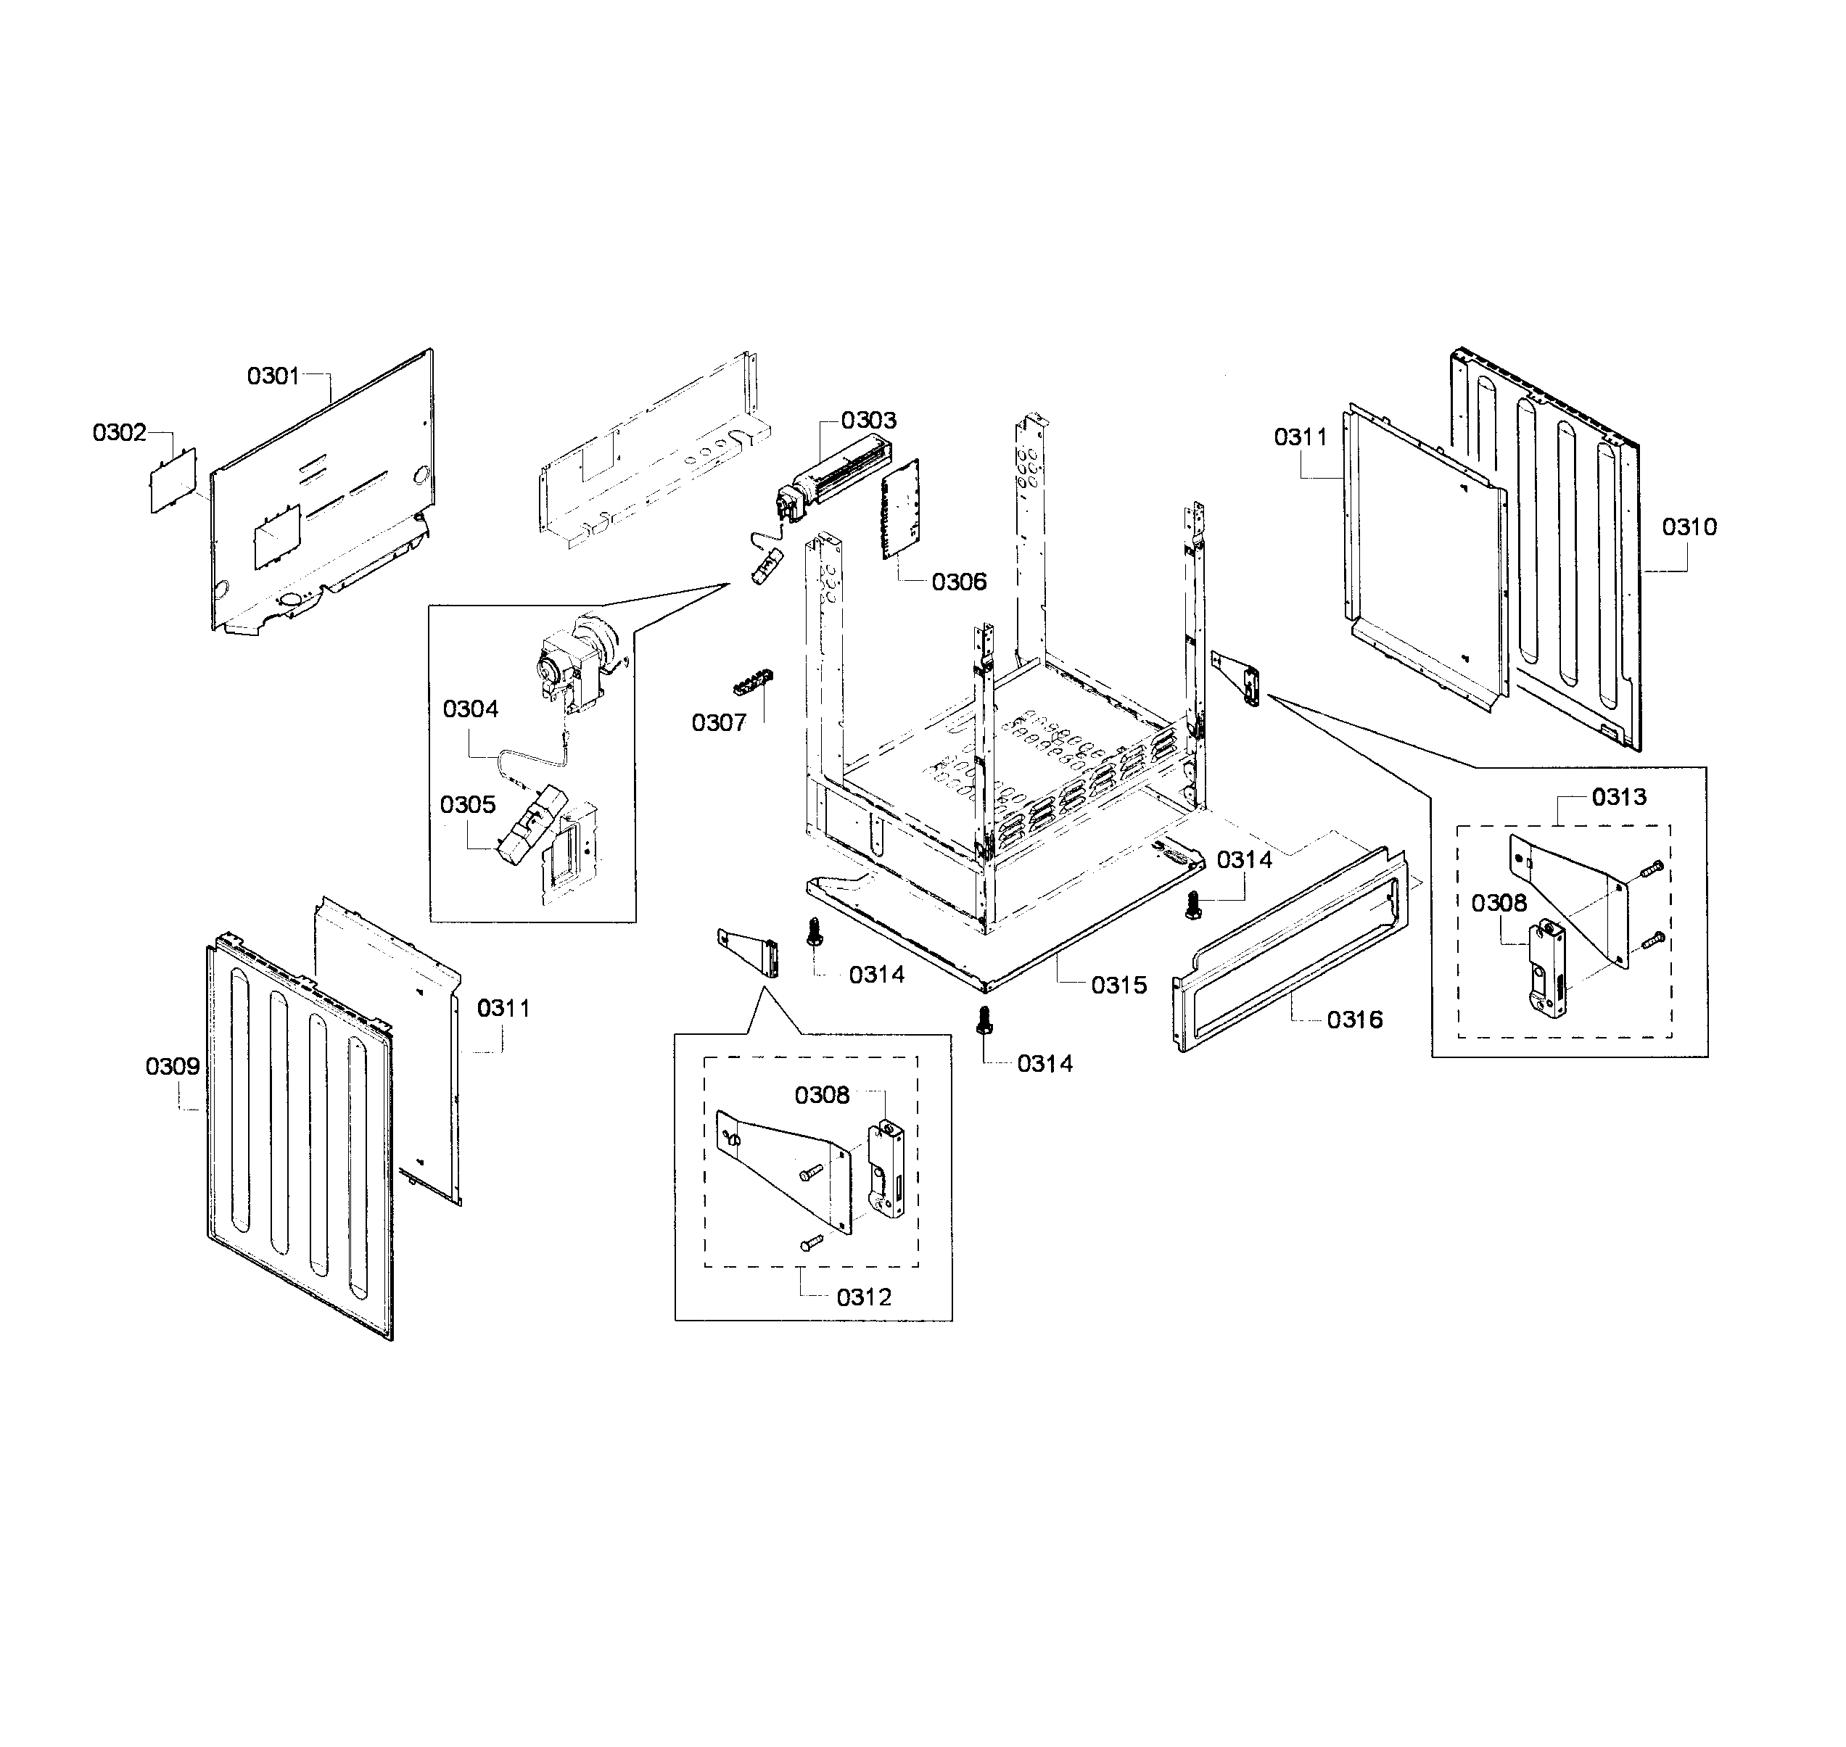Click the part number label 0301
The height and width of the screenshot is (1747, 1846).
click(x=273, y=376)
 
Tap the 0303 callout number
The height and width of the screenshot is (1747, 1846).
click(x=868, y=421)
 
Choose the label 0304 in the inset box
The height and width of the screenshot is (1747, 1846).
click(x=470, y=709)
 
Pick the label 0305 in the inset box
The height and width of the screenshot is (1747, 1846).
click(x=468, y=804)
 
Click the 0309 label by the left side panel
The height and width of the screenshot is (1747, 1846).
click(x=173, y=1066)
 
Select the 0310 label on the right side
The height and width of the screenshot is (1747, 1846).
click(x=1689, y=527)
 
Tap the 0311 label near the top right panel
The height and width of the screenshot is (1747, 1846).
click(x=1301, y=437)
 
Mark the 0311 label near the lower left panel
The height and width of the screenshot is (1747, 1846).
click(x=503, y=1009)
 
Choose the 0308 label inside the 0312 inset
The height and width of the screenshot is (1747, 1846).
click(x=822, y=1096)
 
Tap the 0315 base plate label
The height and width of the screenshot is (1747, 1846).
click(x=1118, y=986)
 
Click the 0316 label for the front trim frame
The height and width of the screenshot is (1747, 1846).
click(x=1354, y=1020)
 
